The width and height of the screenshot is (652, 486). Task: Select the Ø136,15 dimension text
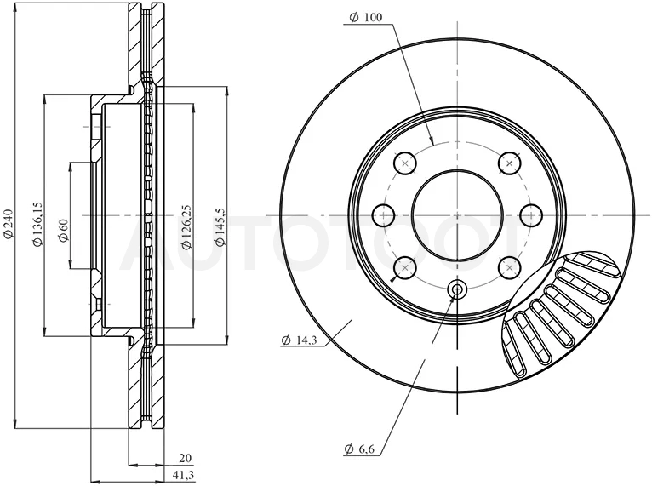[x=37, y=224]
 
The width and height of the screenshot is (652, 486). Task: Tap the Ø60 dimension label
[x=63, y=231]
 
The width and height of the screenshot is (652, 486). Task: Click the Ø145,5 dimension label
[x=220, y=226]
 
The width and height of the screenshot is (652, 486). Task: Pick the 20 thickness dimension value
[x=185, y=458]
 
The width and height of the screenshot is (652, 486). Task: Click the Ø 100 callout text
[x=366, y=18]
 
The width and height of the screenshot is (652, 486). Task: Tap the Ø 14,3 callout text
[x=300, y=340]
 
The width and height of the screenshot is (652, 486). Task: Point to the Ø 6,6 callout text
[x=360, y=449]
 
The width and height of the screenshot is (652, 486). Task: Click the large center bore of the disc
[x=457, y=214]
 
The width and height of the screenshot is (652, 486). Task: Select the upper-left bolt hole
[x=404, y=163]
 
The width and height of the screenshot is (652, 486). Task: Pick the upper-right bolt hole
[x=510, y=163]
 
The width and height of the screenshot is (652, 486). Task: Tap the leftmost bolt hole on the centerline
[x=383, y=215]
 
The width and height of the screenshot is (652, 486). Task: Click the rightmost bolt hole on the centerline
[x=532, y=215]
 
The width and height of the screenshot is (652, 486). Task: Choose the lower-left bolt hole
[x=404, y=268]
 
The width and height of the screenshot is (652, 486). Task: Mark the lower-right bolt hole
[x=510, y=268]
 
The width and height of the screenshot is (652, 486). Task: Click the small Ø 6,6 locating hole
[x=457, y=289]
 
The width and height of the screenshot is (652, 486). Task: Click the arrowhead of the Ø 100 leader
[x=432, y=141]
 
